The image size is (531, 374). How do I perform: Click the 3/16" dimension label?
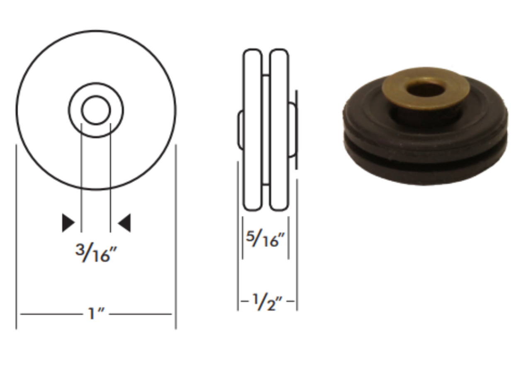click(x=96, y=253)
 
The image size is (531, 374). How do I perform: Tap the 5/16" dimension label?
click(x=265, y=238)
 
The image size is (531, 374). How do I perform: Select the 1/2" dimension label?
click(x=268, y=302)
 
